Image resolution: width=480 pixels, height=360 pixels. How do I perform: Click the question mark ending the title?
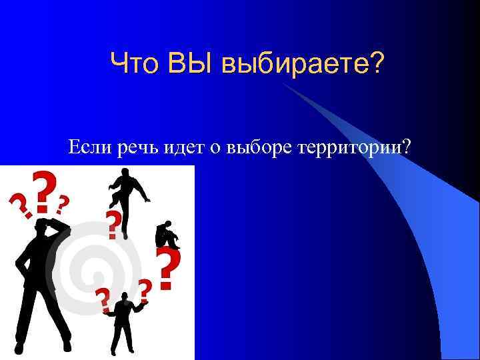pyautogui.click(x=376, y=64)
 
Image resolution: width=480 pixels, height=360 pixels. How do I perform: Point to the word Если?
pyautogui.click(x=89, y=147)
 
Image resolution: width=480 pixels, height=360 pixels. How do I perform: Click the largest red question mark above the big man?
pyautogui.click(x=44, y=192)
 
